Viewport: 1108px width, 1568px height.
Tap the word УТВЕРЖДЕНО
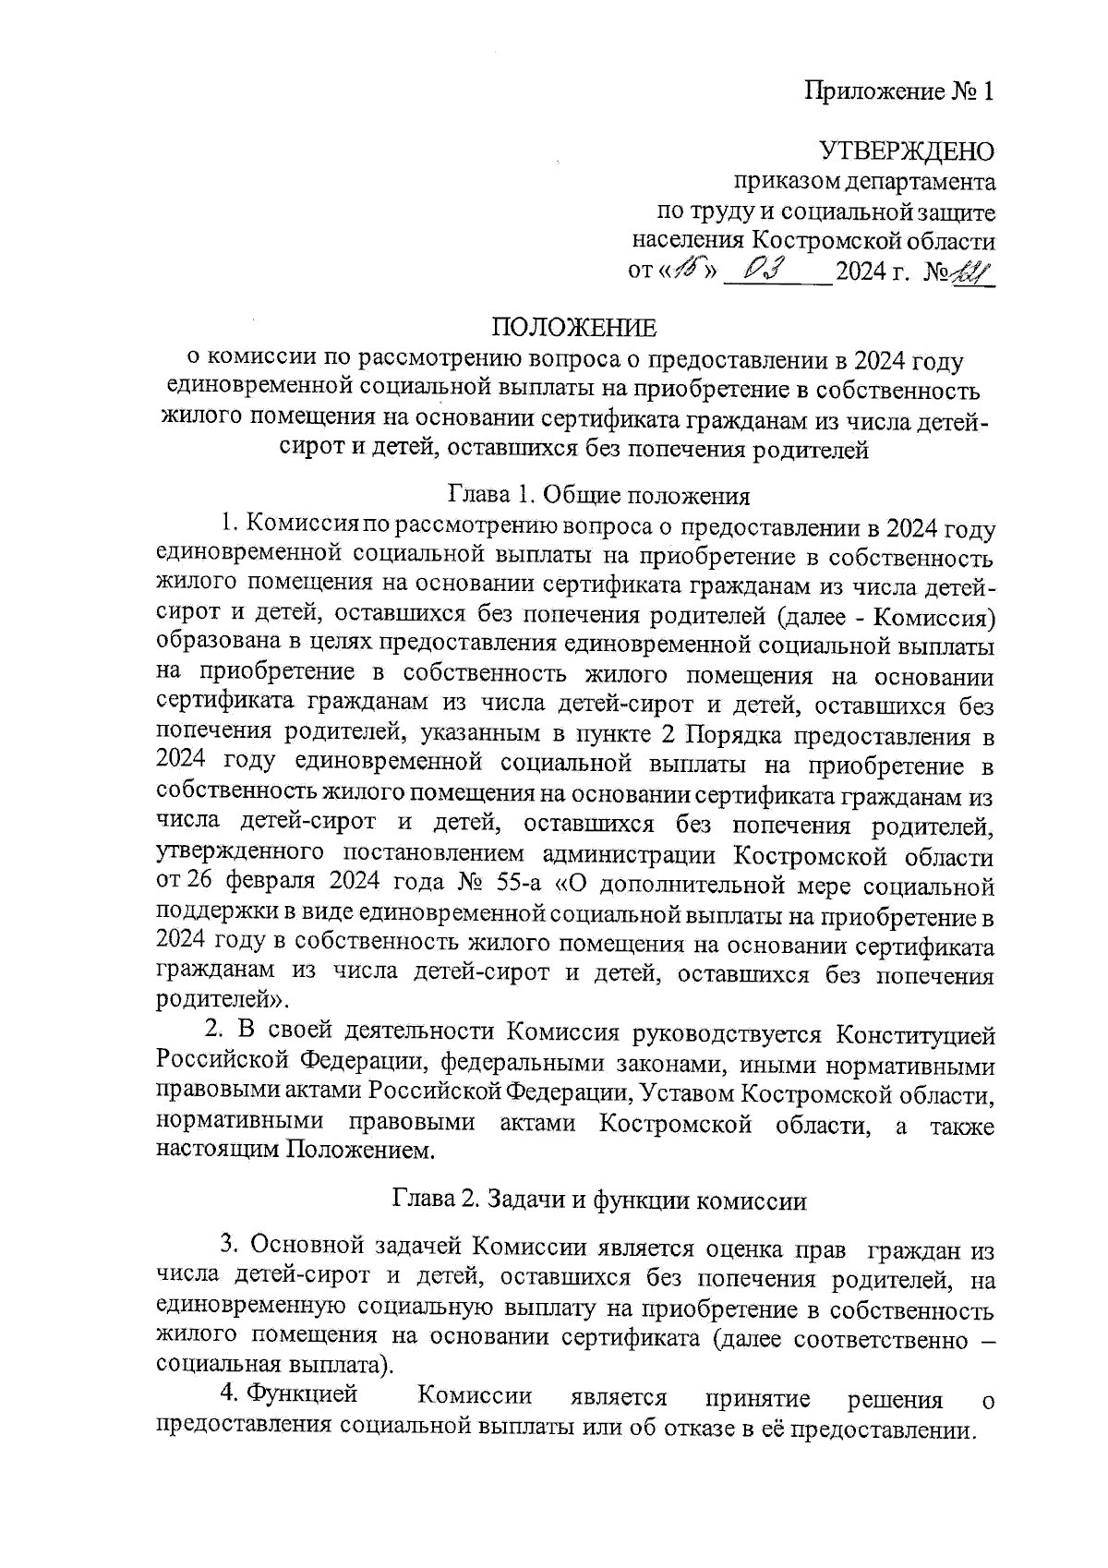pyautogui.click(x=907, y=151)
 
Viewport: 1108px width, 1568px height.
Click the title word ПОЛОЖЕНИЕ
pyautogui.click(x=574, y=329)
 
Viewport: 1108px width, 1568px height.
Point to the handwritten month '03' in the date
pyautogui.click(x=764, y=271)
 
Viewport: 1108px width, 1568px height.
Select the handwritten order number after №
pyautogui.click(x=969, y=271)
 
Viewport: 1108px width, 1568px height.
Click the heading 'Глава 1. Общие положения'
pyautogui.click(x=598, y=495)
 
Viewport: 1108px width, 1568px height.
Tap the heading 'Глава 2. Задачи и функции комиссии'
pyautogui.click(x=600, y=1201)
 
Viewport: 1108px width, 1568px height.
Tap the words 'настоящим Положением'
pyautogui.click(x=295, y=1152)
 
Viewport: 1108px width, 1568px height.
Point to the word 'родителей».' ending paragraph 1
pyautogui.click(x=223, y=1002)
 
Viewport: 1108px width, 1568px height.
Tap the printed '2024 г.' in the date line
pyautogui.click(x=872, y=271)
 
